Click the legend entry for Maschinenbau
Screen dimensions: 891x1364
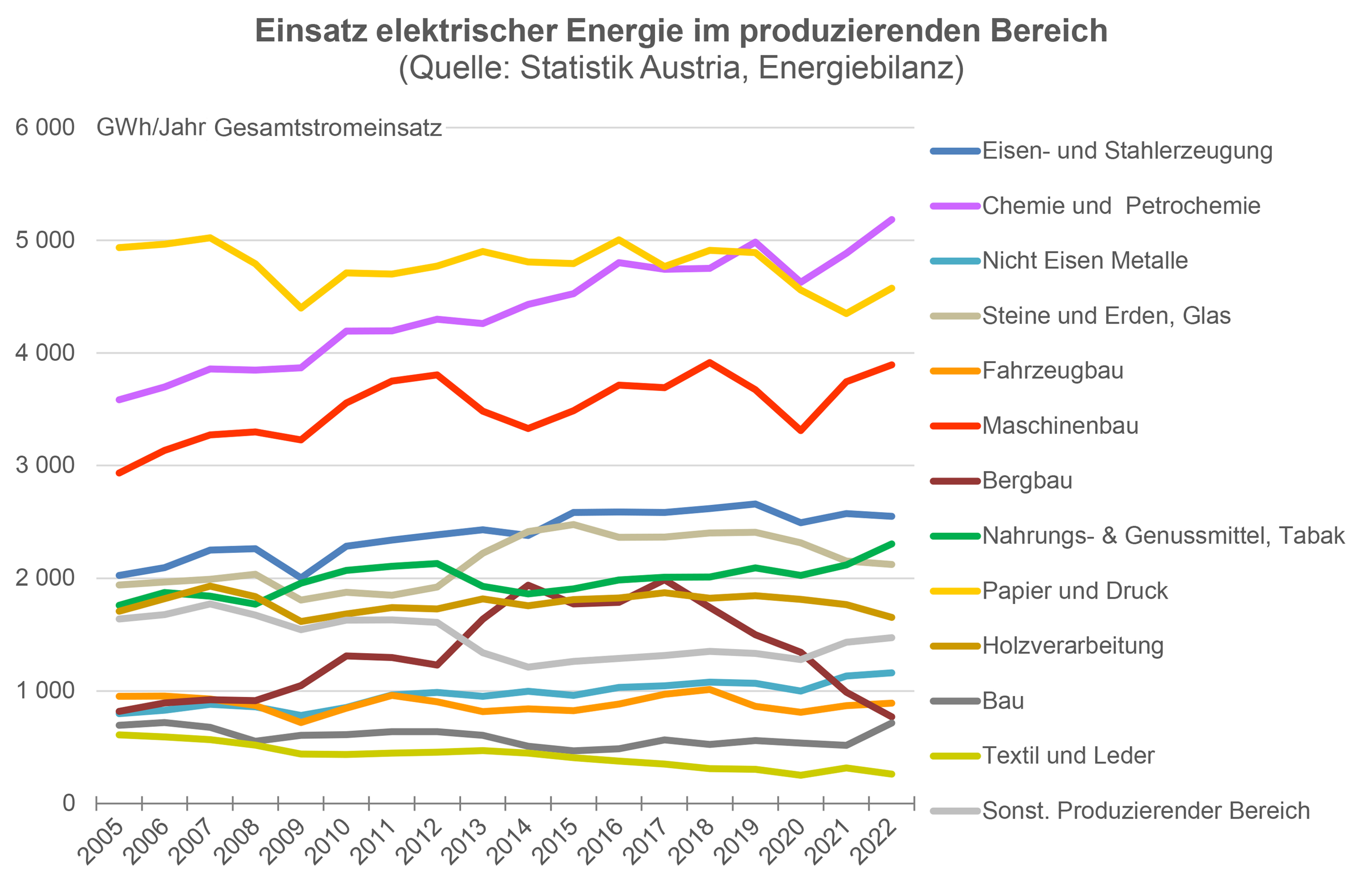click(x=1060, y=426)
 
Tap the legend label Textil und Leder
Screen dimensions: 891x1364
click(x=1068, y=756)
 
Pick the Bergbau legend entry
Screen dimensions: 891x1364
click(x=1026, y=480)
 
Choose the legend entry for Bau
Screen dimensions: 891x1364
click(x=1003, y=700)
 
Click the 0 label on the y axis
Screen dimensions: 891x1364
click(x=68, y=803)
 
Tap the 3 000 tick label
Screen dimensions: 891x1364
click(x=45, y=465)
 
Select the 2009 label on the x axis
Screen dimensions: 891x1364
click(x=283, y=842)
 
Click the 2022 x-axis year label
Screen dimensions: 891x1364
click(x=873, y=842)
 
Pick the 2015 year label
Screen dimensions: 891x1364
click(x=555, y=842)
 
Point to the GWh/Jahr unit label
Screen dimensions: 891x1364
click(x=151, y=127)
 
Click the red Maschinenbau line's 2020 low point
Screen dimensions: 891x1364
click(x=800, y=431)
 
